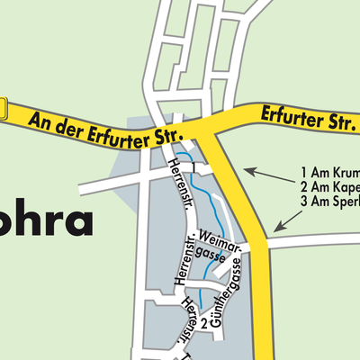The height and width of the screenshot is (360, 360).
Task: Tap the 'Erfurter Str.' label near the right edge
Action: [x=306, y=116]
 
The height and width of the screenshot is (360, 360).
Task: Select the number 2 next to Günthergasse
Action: [x=205, y=321]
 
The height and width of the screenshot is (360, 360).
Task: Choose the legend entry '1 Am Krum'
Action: [x=329, y=172]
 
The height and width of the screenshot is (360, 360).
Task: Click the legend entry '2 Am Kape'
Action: [x=329, y=187]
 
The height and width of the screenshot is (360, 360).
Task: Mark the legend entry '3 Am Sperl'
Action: [x=329, y=202]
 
